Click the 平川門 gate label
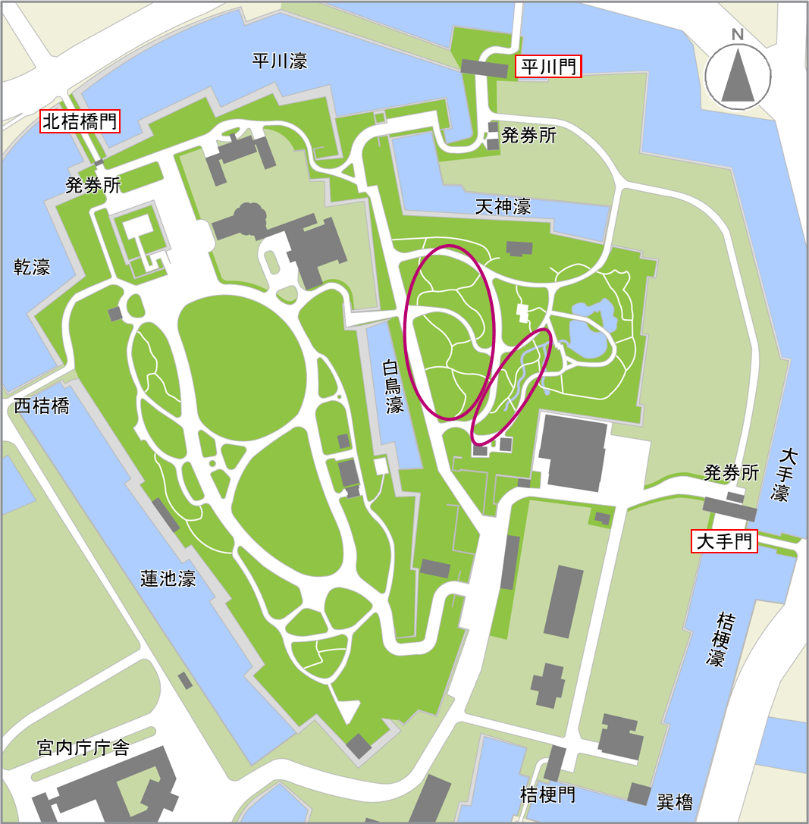(x=548, y=67)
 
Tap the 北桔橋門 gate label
(x=80, y=121)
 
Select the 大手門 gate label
(x=724, y=541)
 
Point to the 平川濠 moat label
(x=280, y=61)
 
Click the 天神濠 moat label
(x=503, y=205)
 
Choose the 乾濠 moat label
(x=33, y=266)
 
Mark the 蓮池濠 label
(x=168, y=578)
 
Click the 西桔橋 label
(x=42, y=406)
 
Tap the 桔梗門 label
(x=547, y=794)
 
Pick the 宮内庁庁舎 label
(x=83, y=749)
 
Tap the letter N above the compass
(x=738, y=34)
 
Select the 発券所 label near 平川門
(x=529, y=136)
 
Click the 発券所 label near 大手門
(x=731, y=473)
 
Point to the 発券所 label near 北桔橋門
(x=93, y=185)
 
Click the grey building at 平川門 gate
(x=484, y=69)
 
